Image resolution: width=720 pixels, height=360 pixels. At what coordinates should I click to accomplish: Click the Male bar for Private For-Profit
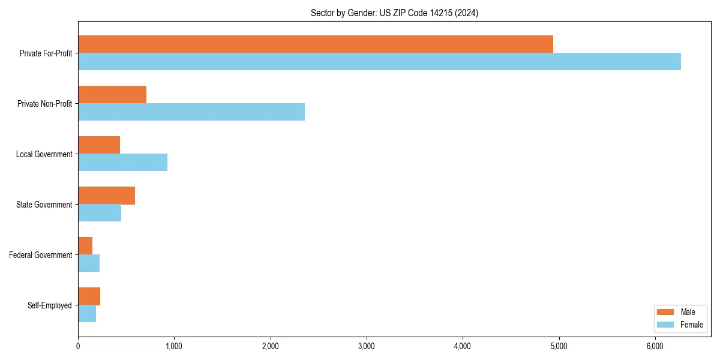point(316,44)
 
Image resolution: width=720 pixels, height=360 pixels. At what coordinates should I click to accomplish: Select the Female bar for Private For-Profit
point(379,62)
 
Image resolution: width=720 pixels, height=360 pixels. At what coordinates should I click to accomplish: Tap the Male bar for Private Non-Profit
point(112,95)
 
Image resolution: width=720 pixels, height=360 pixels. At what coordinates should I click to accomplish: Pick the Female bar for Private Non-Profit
point(191,112)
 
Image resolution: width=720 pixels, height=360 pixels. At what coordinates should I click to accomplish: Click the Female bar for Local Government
point(122,163)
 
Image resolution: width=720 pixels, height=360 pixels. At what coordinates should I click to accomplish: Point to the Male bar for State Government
point(106,196)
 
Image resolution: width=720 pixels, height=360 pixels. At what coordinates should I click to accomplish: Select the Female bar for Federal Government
point(89,263)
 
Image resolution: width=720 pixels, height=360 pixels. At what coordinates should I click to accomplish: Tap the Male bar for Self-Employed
point(89,296)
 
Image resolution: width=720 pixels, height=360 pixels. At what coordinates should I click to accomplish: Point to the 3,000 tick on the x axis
point(367,346)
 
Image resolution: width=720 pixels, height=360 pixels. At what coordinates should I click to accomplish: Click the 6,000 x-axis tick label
point(655,346)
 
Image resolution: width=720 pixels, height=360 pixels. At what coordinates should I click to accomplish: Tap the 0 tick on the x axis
point(78,346)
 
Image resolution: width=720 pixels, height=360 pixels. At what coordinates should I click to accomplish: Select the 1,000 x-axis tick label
point(174,346)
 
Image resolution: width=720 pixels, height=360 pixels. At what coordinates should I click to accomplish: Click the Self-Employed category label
point(50,305)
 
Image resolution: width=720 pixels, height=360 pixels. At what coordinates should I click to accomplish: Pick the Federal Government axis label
point(41,255)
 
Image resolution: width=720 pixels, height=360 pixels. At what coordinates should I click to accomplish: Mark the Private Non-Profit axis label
point(44,104)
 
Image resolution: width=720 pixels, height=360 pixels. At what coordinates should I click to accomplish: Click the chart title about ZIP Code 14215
point(394,13)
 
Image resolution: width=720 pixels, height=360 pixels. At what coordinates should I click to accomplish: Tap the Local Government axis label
point(44,154)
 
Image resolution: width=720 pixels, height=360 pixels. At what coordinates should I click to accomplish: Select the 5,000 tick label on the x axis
point(559,346)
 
